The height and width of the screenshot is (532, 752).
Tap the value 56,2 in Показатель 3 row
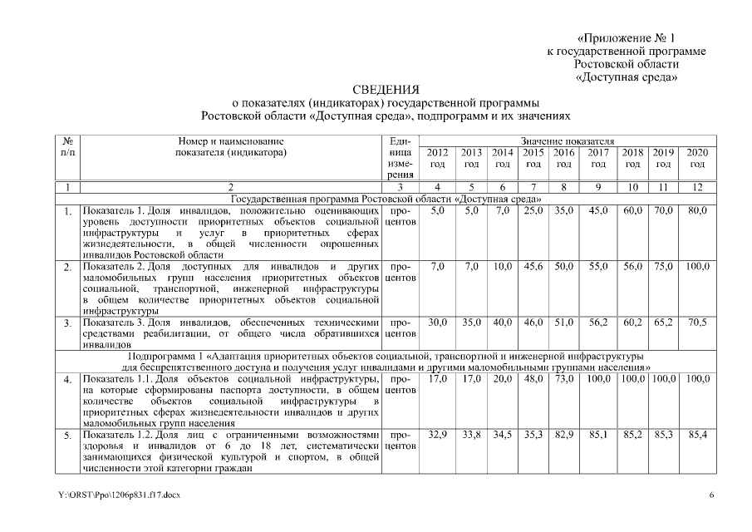[597, 321]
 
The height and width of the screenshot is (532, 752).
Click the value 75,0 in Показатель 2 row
[663, 266]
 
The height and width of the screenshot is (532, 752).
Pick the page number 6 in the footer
[711, 495]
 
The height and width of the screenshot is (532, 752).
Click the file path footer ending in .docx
[119, 495]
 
